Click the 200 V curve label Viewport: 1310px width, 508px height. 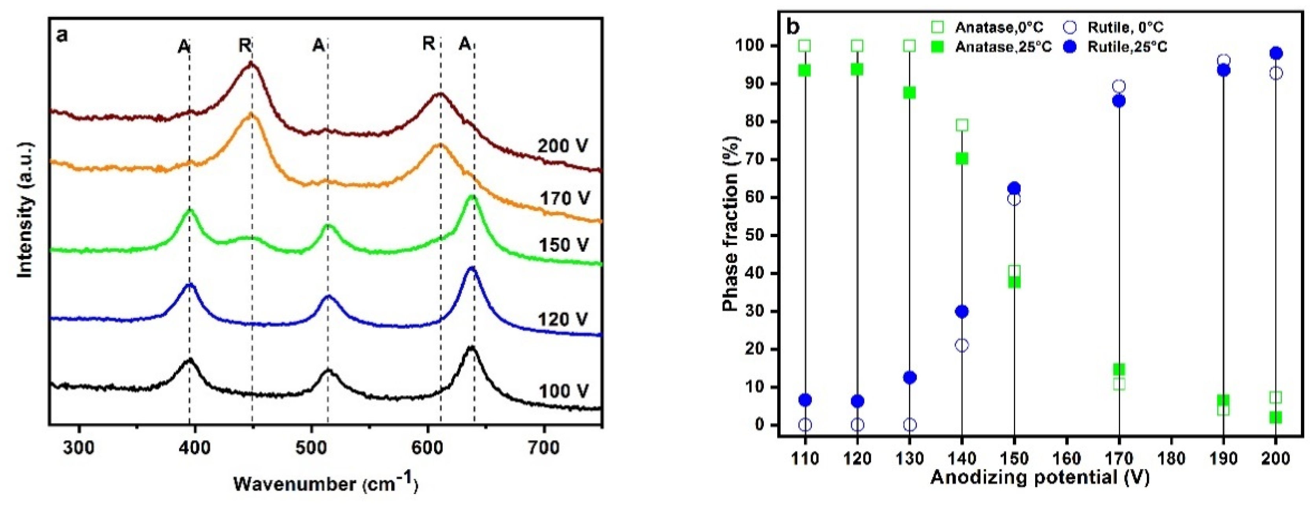(x=563, y=146)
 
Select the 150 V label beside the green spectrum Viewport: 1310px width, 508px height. (x=563, y=245)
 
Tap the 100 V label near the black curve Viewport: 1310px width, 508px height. (x=563, y=391)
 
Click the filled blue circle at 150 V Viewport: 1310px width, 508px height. (x=1014, y=188)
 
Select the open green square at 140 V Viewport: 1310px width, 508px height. (x=962, y=125)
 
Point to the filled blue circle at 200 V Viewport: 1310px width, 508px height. (x=1276, y=53)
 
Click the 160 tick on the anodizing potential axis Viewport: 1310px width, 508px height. (x=1066, y=458)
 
